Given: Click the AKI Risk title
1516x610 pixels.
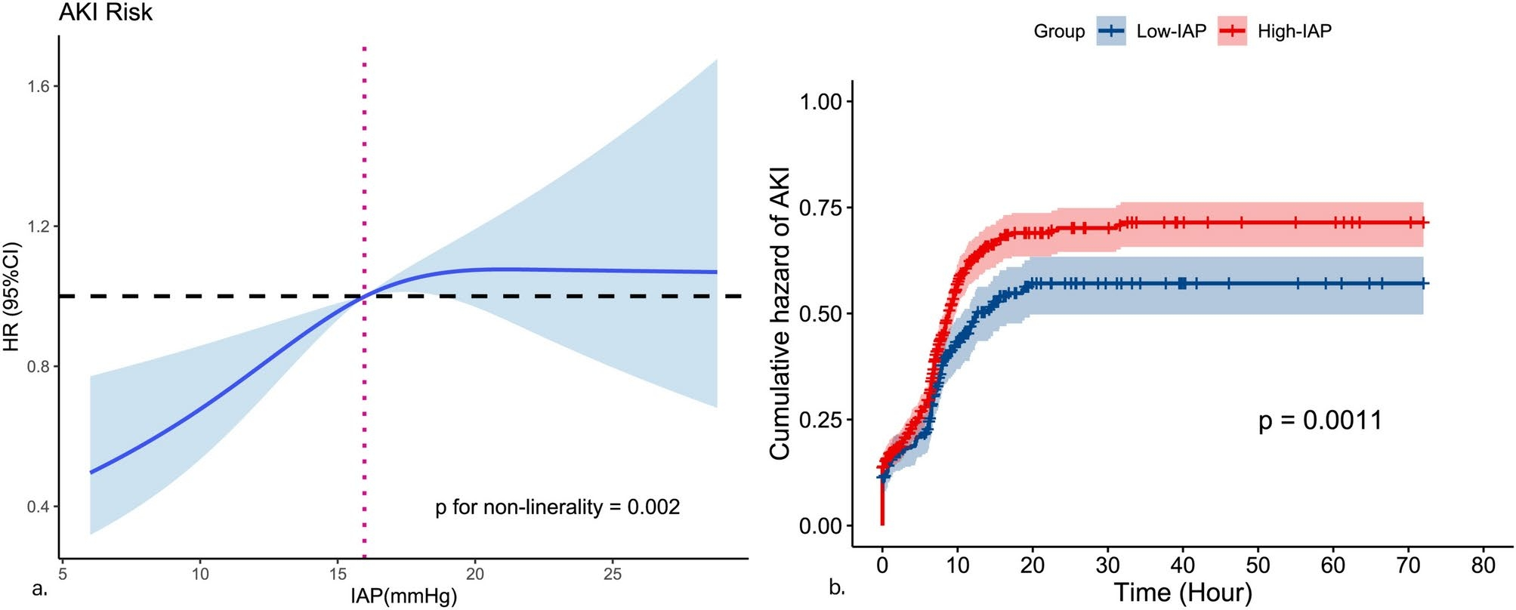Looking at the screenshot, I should [106, 13].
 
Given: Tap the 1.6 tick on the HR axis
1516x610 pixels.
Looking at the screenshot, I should [39, 87].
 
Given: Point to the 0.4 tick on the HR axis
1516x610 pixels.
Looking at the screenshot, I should [39, 507].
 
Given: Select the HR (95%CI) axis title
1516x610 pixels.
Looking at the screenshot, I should [11, 297].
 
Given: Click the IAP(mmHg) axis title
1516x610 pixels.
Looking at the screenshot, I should [403, 596].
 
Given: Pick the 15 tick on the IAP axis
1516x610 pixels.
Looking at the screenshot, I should [338, 574].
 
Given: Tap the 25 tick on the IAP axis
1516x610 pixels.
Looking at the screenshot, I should [613, 574].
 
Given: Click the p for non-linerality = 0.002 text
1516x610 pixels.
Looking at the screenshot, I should [557, 507].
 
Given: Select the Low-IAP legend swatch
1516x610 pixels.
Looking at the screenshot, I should [1111, 31].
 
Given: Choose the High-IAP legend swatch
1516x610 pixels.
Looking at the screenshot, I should [1232, 31].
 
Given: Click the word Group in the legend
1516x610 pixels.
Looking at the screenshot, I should [1059, 32].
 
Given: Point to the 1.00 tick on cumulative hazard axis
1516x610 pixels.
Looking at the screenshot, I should [820, 101].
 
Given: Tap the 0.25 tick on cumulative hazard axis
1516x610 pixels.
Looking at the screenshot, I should [820, 420].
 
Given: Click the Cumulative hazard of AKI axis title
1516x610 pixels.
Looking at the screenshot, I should [780, 313].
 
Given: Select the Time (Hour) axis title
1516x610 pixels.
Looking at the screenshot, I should [1183, 593].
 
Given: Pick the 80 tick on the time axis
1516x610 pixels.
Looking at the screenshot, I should [1484, 565].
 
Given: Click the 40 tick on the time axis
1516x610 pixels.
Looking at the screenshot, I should [1183, 565].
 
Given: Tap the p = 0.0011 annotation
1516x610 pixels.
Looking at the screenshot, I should [1320, 421].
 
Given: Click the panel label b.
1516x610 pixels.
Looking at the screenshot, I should [837, 587].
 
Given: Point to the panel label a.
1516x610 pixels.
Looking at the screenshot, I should [40, 589].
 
